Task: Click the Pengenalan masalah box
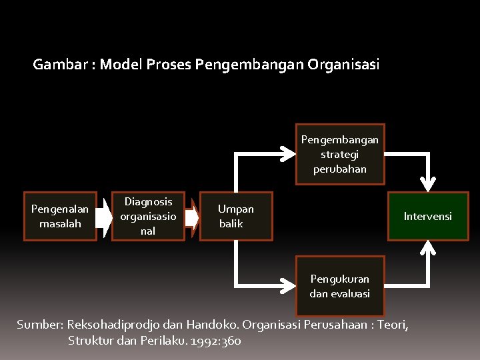click(60, 216)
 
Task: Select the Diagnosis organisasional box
click(148, 216)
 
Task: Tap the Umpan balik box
click(236, 216)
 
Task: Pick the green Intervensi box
click(427, 216)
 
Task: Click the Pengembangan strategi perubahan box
click(340, 154)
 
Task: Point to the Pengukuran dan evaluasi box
click(340, 285)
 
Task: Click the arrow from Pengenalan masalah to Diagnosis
click(104, 216)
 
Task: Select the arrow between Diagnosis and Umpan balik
click(192, 217)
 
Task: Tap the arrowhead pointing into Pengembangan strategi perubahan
click(288, 154)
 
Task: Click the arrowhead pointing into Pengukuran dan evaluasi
click(288, 286)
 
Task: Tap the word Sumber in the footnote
click(39, 325)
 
